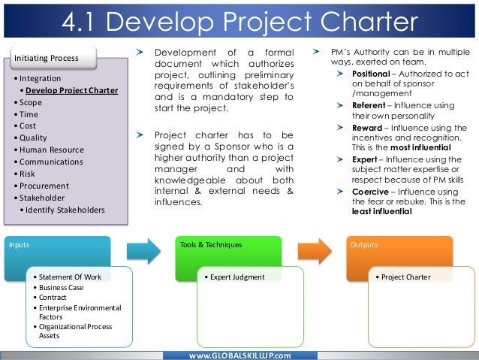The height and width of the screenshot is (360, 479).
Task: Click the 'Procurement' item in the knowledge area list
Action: [44, 186]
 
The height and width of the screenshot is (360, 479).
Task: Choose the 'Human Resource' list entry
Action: [52, 150]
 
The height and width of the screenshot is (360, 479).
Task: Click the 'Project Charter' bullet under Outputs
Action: [405, 277]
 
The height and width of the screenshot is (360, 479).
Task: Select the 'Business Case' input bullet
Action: [62, 287]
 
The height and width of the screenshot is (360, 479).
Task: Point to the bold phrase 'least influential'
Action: [381, 212]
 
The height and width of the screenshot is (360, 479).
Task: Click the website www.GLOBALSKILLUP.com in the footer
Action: [239, 354]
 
